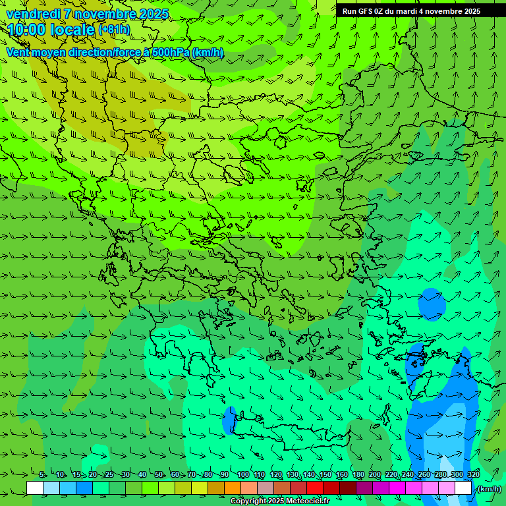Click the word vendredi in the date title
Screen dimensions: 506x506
(33, 13)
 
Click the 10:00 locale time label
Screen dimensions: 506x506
(51, 29)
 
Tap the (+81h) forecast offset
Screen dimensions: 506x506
(114, 29)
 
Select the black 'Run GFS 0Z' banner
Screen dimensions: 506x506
(411, 11)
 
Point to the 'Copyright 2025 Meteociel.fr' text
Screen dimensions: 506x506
(280, 501)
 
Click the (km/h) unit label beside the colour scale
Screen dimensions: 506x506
(489, 489)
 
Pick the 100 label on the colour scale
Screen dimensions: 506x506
(242, 475)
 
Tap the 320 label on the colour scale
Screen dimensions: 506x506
(473, 475)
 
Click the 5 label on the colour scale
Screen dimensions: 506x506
(42, 475)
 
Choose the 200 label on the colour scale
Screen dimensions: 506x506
(374, 475)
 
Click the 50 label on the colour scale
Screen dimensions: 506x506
(159, 475)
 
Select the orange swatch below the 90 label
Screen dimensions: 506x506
(233, 488)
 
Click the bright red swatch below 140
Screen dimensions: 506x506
(315, 488)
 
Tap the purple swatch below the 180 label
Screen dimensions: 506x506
(364, 488)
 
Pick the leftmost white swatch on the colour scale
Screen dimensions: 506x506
(35, 488)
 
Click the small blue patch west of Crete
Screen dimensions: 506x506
(230, 420)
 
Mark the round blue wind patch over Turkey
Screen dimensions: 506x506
(432, 303)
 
